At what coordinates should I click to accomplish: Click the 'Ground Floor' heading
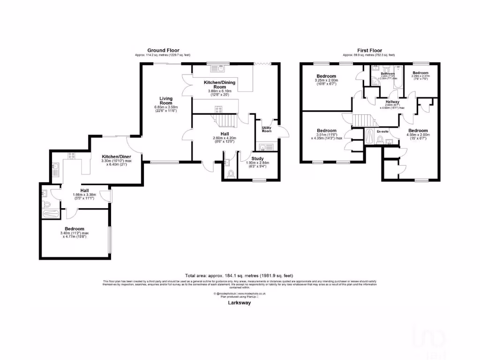[x=163, y=51]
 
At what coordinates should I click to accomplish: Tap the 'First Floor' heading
[x=369, y=51]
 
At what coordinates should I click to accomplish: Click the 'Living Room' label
[x=166, y=101]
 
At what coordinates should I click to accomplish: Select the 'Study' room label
[x=257, y=159]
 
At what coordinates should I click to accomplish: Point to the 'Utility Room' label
[x=267, y=129]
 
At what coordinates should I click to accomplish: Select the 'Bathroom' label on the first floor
[x=388, y=74]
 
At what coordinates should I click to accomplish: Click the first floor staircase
[x=361, y=121]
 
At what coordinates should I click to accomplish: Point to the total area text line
[x=240, y=276]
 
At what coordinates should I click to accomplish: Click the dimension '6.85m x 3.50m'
[x=166, y=107]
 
